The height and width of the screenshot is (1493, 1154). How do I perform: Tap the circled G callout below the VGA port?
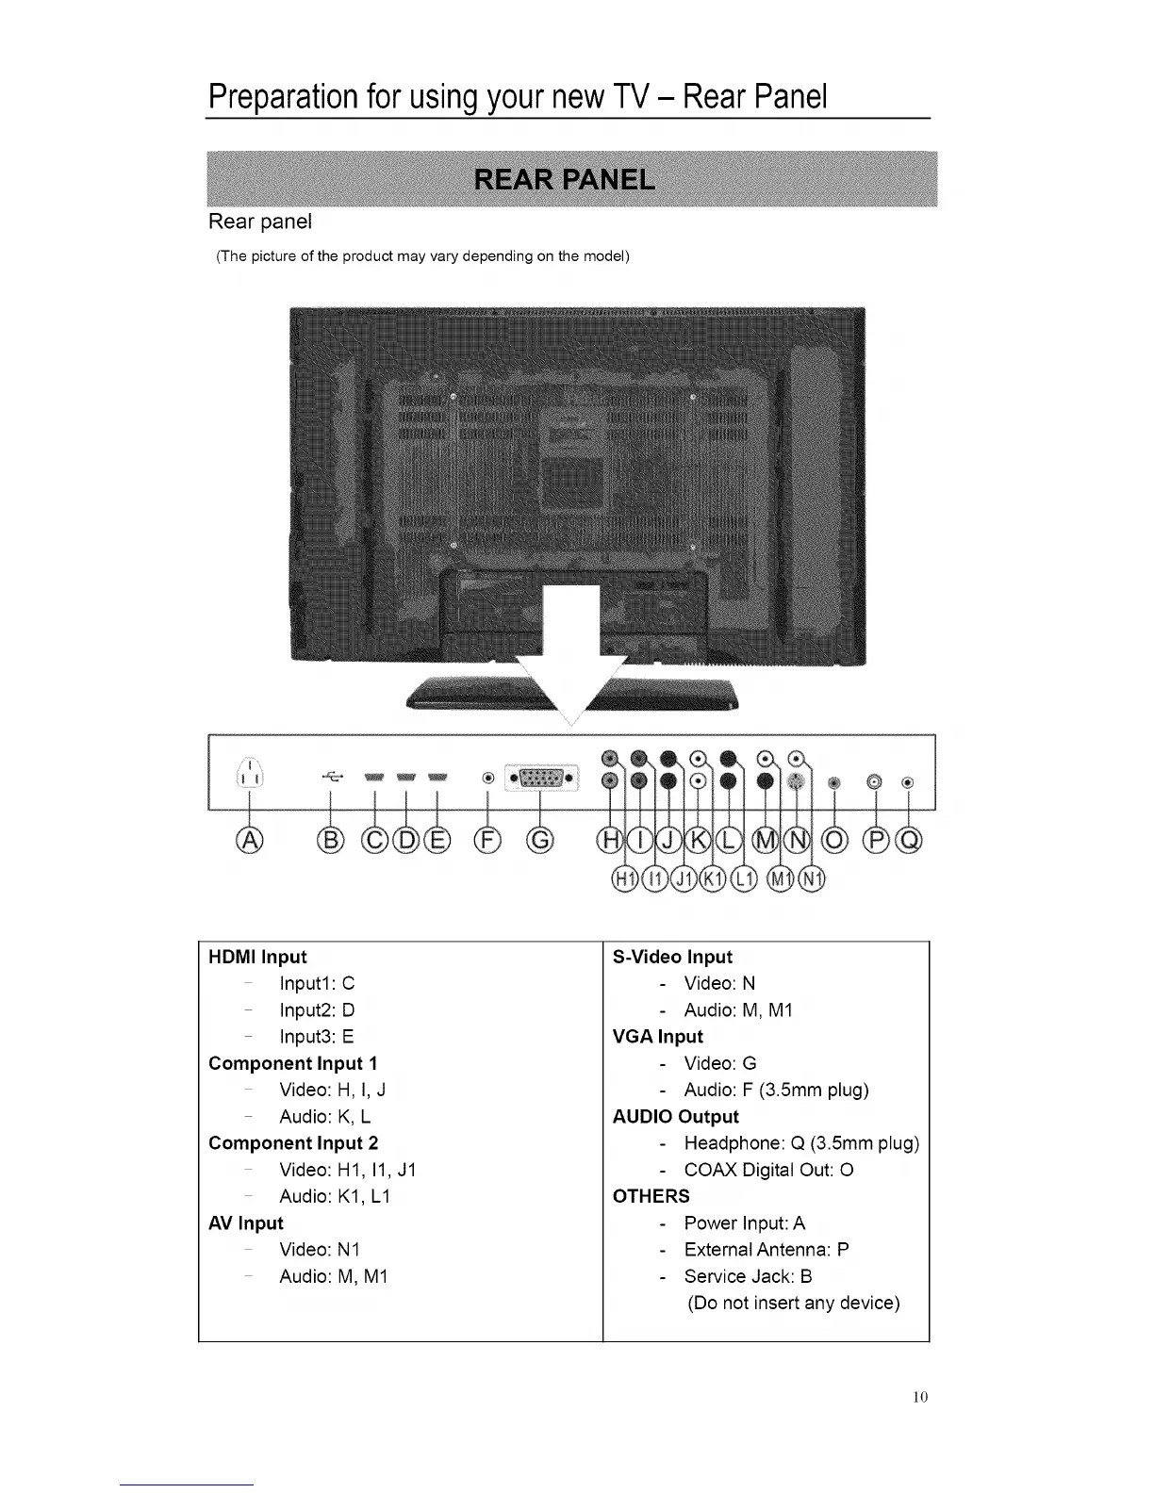(x=540, y=840)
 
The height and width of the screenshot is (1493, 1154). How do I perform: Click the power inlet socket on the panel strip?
(x=248, y=775)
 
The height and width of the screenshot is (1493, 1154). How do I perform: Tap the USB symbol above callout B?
(x=332, y=778)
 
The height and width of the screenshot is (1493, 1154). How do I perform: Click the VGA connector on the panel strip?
(x=540, y=779)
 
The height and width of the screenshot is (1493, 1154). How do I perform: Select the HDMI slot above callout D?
(x=406, y=778)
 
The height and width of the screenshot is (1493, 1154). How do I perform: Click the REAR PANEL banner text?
(x=565, y=179)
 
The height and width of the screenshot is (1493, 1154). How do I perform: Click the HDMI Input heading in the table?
(x=257, y=957)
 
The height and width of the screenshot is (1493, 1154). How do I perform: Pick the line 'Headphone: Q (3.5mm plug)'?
(x=800, y=1143)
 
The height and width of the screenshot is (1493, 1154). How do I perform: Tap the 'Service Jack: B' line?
(x=748, y=1276)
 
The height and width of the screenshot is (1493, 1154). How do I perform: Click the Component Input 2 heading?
(x=293, y=1143)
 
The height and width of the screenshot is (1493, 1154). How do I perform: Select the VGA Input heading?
(x=657, y=1037)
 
